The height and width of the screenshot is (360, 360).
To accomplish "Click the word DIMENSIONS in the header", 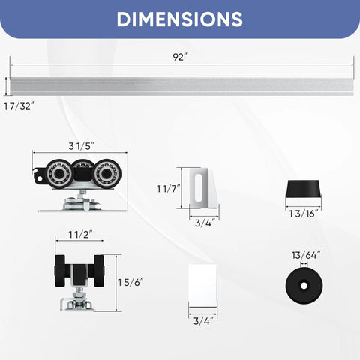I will click(179, 19).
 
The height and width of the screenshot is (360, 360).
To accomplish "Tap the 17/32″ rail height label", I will click(18, 106).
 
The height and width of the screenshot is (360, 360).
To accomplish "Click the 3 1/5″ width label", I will click(79, 146).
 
